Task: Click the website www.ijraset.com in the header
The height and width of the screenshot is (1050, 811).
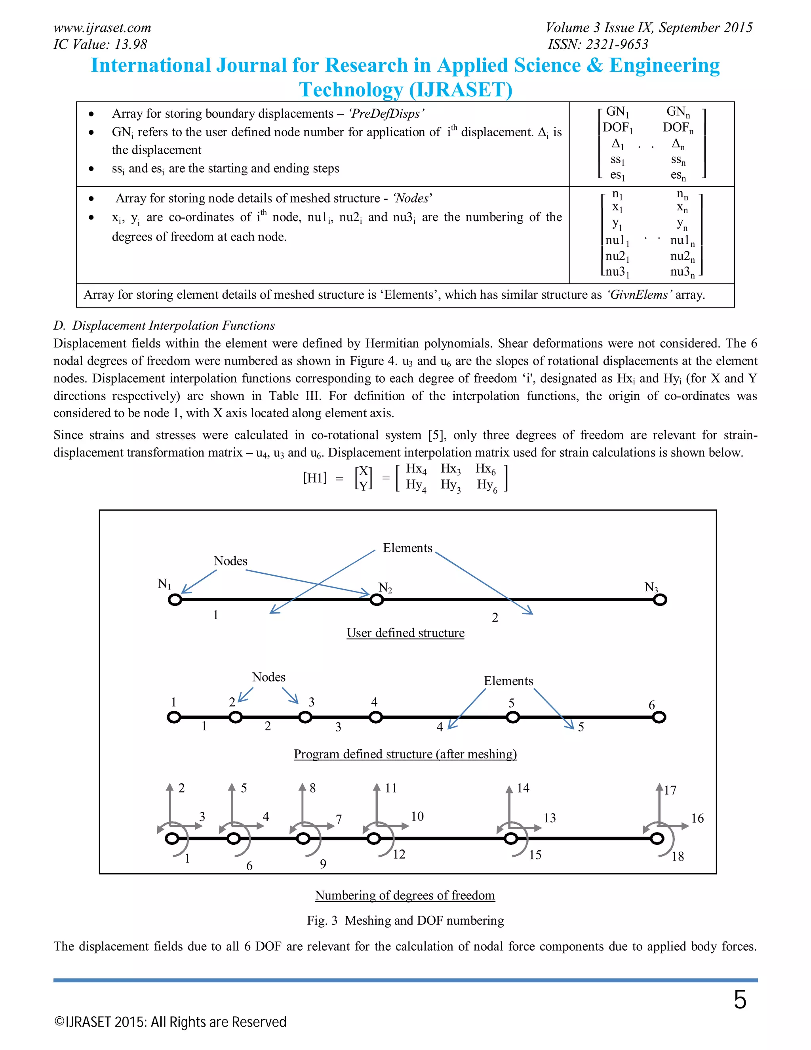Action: pos(102,28)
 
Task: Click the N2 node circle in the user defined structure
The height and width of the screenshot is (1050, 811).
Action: pos(377,600)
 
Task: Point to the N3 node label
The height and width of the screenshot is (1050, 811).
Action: pos(651,587)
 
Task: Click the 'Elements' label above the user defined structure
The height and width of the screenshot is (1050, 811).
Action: pos(407,548)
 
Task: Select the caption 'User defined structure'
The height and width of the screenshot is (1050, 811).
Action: pos(405,633)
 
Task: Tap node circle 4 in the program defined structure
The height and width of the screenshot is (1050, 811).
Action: pos(376,717)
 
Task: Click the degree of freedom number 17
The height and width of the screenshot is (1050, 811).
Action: pos(670,790)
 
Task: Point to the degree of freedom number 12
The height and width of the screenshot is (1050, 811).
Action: pos(399,854)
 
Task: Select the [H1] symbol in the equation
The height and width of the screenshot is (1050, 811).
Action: pos(315,477)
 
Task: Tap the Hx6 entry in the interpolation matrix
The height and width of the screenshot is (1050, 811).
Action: pos(485,469)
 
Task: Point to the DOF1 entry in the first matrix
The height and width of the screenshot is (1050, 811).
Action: pos(617,128)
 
